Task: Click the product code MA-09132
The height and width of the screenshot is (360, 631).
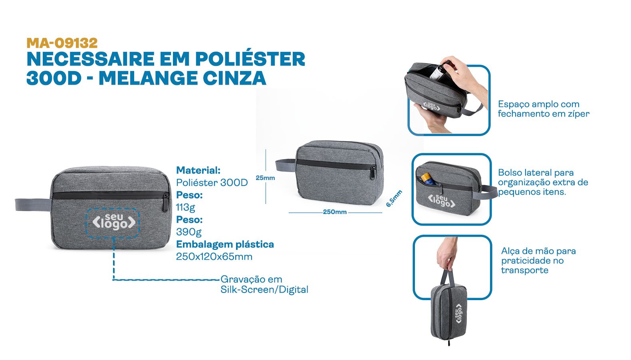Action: pyautogui.click(x=62, y=44)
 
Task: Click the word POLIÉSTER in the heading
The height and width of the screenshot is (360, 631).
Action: pyautogui.click(x=250, y=59)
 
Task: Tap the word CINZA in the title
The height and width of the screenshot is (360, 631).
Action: pyautogui.click(x=234, y=78)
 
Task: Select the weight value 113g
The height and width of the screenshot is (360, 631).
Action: pyautogui.click(x=185, y=208)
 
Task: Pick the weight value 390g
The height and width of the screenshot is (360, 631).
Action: pyautogui.click(x=189, y=232)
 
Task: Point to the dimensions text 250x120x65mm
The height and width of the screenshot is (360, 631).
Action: pyautogui.click(x=214, y=257)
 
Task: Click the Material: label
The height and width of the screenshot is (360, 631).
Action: pyautogui.click(x=198, y=170)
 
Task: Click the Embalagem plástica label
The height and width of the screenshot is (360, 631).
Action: pyautogui.click(x=225, y=244)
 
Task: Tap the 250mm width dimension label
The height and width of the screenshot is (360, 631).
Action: pyautogui.click(x=335, y=212)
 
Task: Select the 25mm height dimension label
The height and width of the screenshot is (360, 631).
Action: pyautogui.click(x=265, y=178)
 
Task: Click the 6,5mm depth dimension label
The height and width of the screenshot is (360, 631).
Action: pyautogui.click(x=394, y=198)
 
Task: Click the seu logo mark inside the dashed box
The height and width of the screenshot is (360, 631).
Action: pyautogui.click(x=114, y=222)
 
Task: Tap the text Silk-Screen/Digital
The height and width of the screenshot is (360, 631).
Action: pyautogui.click(x=264, y=290)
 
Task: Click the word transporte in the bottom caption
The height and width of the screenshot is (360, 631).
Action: pyautogui.click(x=524, y=270)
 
